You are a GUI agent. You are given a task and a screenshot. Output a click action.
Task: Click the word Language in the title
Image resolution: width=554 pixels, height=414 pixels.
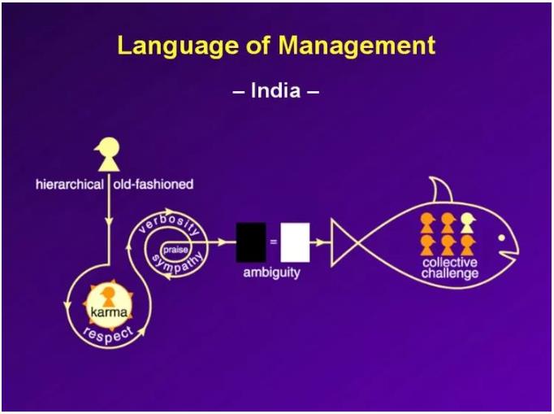pos(178,46)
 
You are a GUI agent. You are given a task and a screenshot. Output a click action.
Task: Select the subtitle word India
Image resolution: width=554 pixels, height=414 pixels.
pos(275,91)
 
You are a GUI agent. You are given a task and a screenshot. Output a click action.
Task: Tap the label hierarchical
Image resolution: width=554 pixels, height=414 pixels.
pos(70,185)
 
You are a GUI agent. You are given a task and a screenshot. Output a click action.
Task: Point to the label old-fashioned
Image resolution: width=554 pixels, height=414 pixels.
pos(154,185)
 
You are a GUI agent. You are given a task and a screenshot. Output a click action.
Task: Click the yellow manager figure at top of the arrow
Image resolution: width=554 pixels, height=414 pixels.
pos(108,154)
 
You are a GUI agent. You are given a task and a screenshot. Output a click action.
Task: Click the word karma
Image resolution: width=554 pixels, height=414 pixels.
pos(109,312)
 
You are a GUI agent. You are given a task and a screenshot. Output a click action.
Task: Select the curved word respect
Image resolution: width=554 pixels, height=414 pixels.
pos(108,334)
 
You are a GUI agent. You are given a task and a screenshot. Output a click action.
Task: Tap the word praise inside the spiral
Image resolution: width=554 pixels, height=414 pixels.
pos(175,250)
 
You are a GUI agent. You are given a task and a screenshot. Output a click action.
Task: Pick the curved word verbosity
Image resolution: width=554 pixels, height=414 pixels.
pos(169,224)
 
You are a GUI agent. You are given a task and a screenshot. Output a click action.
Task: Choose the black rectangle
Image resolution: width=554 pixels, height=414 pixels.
pos(251,242)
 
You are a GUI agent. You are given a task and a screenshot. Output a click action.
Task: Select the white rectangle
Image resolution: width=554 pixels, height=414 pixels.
pos(295,242)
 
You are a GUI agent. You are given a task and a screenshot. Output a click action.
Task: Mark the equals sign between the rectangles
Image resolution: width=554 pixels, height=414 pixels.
pos(274,242)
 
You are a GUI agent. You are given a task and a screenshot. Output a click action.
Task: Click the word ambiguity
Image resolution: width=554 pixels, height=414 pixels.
pos(271,272)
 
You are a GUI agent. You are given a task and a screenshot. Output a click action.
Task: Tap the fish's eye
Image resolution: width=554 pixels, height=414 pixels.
pos(502,238)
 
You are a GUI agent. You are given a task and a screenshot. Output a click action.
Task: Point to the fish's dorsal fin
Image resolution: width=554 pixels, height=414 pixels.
pos(442,190)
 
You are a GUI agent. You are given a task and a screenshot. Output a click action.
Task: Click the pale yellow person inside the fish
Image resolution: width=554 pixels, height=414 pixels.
pos(468,223)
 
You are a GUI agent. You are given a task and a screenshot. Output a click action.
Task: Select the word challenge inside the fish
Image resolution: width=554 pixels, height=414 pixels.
pos(450,273)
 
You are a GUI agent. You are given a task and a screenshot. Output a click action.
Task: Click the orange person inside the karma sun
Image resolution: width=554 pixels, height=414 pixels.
pos(108,297)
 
